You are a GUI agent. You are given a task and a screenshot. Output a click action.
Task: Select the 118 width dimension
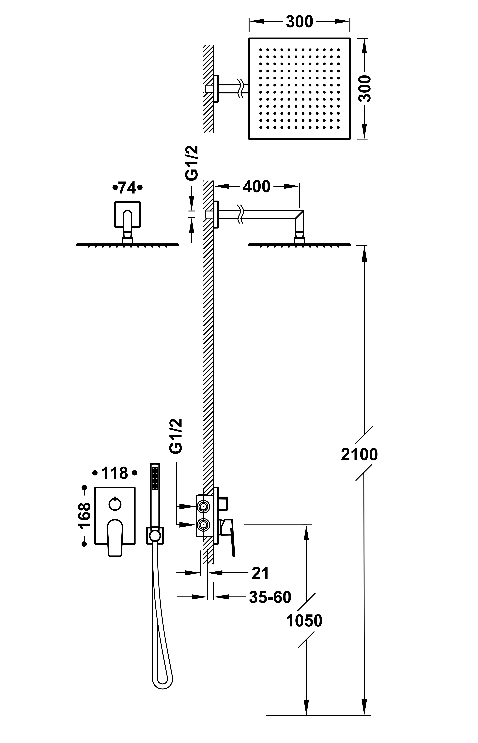tap(115, 473)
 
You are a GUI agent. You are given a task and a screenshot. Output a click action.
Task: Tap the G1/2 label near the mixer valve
tap(176, 436)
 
